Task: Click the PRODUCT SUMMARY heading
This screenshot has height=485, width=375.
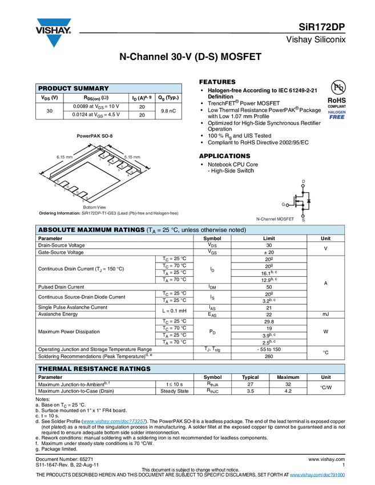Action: [x=73, y=88]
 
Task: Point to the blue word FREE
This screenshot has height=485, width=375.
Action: [x=336, y=117]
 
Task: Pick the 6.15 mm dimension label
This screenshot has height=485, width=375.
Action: [x=64, y=156]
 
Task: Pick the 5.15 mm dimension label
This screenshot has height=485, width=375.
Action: [x=132, y=156]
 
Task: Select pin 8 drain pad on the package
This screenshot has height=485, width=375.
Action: [x=58, y=181]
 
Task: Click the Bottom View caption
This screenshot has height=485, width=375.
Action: [x=94, y=207]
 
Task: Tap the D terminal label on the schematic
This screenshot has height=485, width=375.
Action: [x=303, y=181]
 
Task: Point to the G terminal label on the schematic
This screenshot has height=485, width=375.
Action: [x=284, y=204]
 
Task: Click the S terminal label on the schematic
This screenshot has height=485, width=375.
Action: [x=303, y=220]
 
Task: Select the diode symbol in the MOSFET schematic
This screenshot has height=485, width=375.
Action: [x=309, y=201]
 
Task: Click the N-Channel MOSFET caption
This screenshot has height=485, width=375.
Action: [x=275, y=219]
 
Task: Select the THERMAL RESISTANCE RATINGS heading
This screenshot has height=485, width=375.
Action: [x=94, y=369]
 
